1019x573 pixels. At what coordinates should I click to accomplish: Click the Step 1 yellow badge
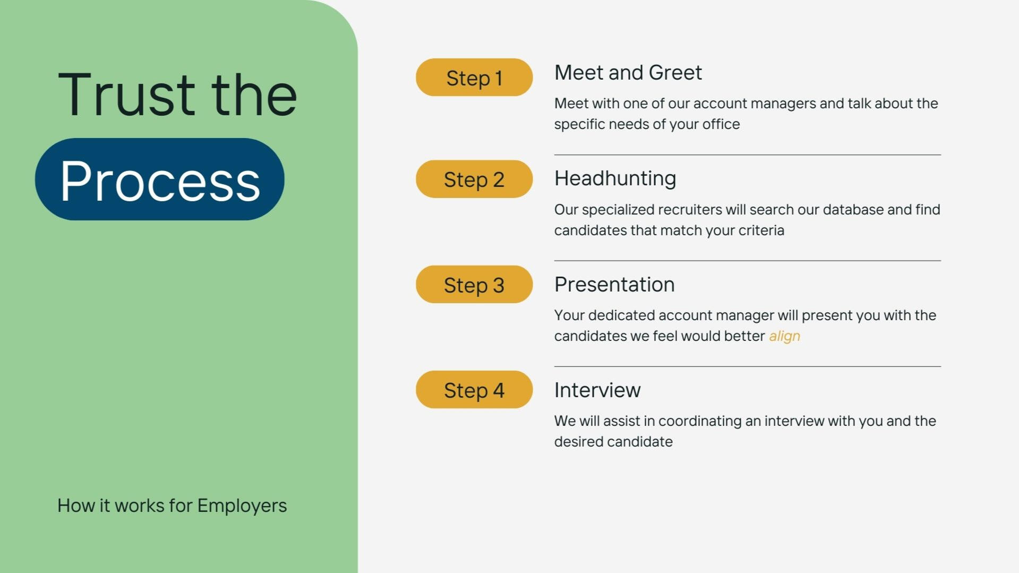[474, 78]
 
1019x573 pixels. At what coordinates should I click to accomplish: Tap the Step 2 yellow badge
[474, 179]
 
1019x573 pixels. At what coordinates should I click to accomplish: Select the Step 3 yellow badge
[474, 285]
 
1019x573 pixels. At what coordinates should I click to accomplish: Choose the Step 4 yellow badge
[474, 390]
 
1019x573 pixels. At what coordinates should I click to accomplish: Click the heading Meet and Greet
[628, 73]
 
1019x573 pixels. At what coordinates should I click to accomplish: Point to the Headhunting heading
[615, 178]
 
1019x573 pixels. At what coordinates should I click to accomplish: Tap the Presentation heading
[614, 285]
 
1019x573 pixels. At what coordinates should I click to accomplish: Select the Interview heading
[597, 390]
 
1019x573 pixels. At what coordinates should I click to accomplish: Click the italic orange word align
[784, 336]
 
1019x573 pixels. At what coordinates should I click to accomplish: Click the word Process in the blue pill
[160, 181]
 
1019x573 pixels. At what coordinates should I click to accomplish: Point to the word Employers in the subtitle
[242, 506]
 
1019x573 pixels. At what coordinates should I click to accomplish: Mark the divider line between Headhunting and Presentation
[747, 261]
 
